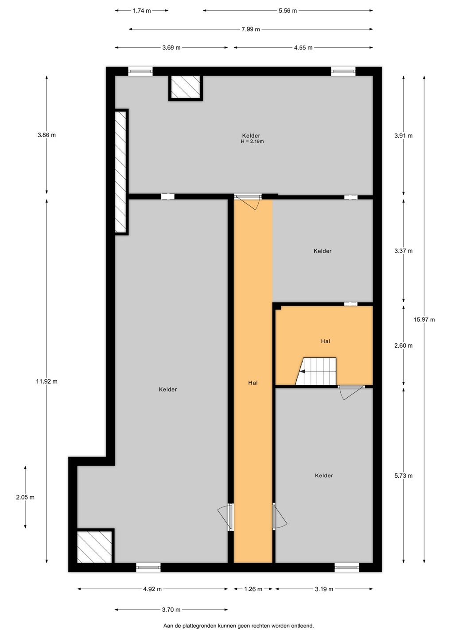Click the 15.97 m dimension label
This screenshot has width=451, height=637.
[424, 320]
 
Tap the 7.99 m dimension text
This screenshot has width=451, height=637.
[251, 29]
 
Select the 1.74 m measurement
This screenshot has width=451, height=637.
[142, 11]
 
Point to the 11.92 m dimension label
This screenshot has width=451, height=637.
[47, 381]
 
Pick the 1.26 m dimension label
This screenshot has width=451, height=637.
[253, 589]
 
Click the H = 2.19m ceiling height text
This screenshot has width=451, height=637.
[252, 142]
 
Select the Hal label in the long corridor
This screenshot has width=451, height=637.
[253, 383]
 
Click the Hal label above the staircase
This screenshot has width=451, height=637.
[326, 341]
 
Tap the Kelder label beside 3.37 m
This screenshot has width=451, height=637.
[323, 251]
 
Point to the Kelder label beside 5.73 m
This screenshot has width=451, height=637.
[324, 476]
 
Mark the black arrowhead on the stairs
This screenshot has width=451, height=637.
[302, 372]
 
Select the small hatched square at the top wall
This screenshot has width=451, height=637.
[186, 88]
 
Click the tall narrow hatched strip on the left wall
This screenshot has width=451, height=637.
[121, 172]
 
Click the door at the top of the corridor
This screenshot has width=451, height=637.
[248, 202]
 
